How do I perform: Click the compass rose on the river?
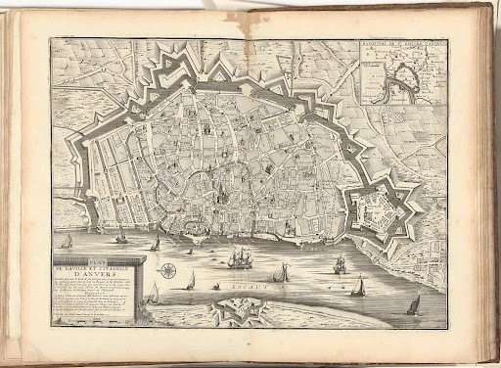point(168,269)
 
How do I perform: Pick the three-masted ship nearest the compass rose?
point(238,258)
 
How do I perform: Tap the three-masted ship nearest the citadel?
point(340,264)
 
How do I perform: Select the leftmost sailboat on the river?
point(66,241)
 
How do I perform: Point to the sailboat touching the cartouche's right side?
point(154,293)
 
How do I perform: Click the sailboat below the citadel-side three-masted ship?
point(359,286)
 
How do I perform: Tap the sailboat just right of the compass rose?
point(191,281)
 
